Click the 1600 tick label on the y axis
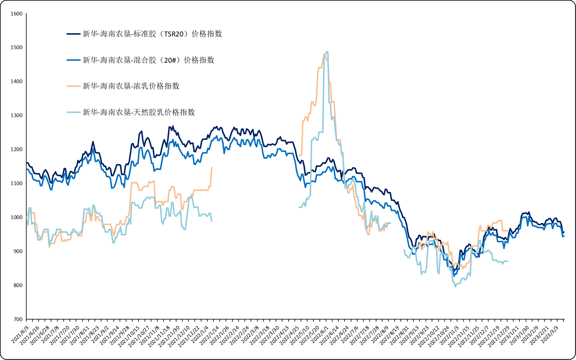point(16,14)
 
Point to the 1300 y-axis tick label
point(16,115)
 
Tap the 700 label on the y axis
point(18,319)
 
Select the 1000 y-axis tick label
point(16,217)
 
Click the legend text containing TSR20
point(152,34)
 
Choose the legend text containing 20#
point(148,60)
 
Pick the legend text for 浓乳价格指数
point(131,86)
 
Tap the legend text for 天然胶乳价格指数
point(138,112)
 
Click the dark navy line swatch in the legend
point(74,34)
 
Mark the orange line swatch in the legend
point(74,86)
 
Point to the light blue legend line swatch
point(74,112)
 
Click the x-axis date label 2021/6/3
point(20,334)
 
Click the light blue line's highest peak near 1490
point(327,52)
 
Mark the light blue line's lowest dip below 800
point(455,286)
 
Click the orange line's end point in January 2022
point(212,167)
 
